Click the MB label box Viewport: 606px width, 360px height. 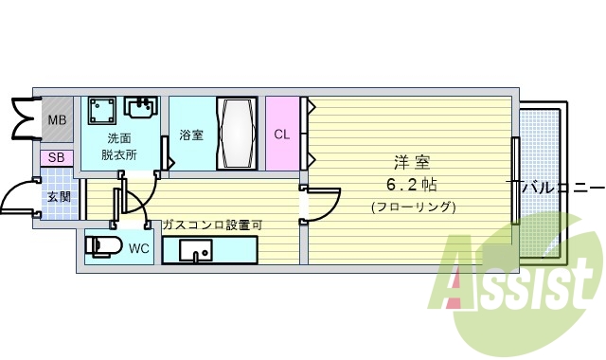(x=57, y=120)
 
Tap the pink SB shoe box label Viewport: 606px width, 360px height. (x=56, y=157)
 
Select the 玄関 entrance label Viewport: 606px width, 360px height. (x=59, y=197)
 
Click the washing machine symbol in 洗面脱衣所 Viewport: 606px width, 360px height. (x=101, y=113)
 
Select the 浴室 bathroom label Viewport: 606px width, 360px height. (x=191, y=135)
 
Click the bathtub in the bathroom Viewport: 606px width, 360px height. (x=237, y=134)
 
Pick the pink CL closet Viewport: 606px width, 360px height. (x=281, y=134)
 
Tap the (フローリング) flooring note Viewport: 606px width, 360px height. (x=414, y=207)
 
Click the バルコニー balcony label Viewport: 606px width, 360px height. (x=561, y=185)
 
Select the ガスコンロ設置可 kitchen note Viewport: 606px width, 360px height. (x=212, y=225)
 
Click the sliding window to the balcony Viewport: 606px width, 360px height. (x=515, y=180)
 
